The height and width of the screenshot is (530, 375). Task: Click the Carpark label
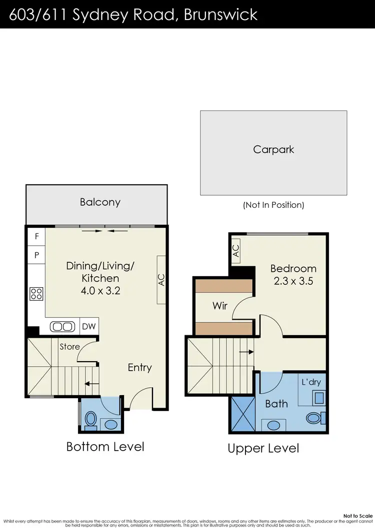pyautogui.click(x=273, y=149)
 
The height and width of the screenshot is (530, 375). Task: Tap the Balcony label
pyautogui.click(x=100, y=202)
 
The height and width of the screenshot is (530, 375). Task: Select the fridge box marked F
pyautogui.click(x=36, y=237)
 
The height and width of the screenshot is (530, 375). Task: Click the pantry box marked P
pyautogui.click(x=36, y=254)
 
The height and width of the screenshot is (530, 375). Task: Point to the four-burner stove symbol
pyautogui.click(x=36, y=293)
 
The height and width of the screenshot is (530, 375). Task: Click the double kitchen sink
pyautogui.click(x=63, y=327)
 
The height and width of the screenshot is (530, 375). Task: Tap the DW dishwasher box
pyautogui.click(x=89, y=327)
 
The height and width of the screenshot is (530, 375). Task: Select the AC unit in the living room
pyautogui.click(x=161, y=280)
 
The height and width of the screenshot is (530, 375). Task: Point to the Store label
pyautogui.click(x=69, y=346)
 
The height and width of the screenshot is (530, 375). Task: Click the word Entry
pyautogui.click(x=139, y=368)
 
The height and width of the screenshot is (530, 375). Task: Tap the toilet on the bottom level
pyautogui.click(x=91, y=420)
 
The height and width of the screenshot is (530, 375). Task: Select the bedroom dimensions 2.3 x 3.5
pyautogui.click(x=294, y=281)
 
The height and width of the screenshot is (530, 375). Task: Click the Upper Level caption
pyautogui.click(x=263, y=448)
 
